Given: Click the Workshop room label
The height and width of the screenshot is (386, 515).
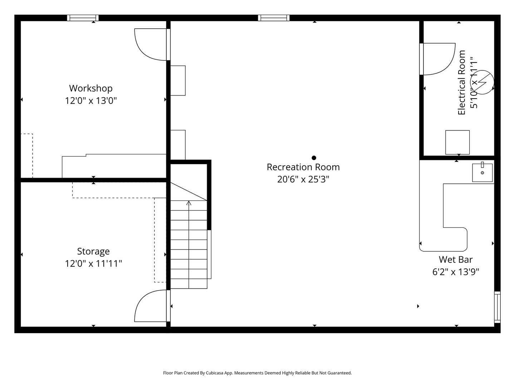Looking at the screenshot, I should pos(90,88).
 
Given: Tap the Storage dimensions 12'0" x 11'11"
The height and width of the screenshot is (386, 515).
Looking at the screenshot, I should pos(93,264).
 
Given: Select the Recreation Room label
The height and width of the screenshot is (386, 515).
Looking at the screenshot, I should pos(303,167).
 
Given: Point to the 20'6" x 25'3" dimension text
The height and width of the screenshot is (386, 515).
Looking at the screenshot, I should pos(303,179).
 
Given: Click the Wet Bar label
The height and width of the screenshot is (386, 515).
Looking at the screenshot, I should pos(455,259).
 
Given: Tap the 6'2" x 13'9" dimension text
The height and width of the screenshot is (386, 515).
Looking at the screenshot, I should pos(455,272).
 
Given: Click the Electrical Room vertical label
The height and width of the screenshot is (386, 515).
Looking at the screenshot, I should pos(462,83).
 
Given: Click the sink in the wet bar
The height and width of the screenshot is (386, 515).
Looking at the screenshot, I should pos(482,173).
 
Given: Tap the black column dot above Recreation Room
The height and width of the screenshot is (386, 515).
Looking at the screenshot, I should pos(314,158).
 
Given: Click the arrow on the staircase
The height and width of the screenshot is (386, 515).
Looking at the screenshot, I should pos(189,203).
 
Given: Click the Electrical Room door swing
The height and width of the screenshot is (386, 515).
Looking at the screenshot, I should pos(439,59).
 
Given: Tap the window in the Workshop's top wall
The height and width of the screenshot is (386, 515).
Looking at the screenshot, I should pos(83,18).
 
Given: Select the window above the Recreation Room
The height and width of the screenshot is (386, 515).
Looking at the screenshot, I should pos(274,18).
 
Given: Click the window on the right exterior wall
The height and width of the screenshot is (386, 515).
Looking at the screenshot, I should pos(497,307).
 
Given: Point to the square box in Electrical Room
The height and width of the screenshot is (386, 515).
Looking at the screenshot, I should pos(457,142).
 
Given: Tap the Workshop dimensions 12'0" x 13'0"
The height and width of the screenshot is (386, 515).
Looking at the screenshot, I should pos(90,100).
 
